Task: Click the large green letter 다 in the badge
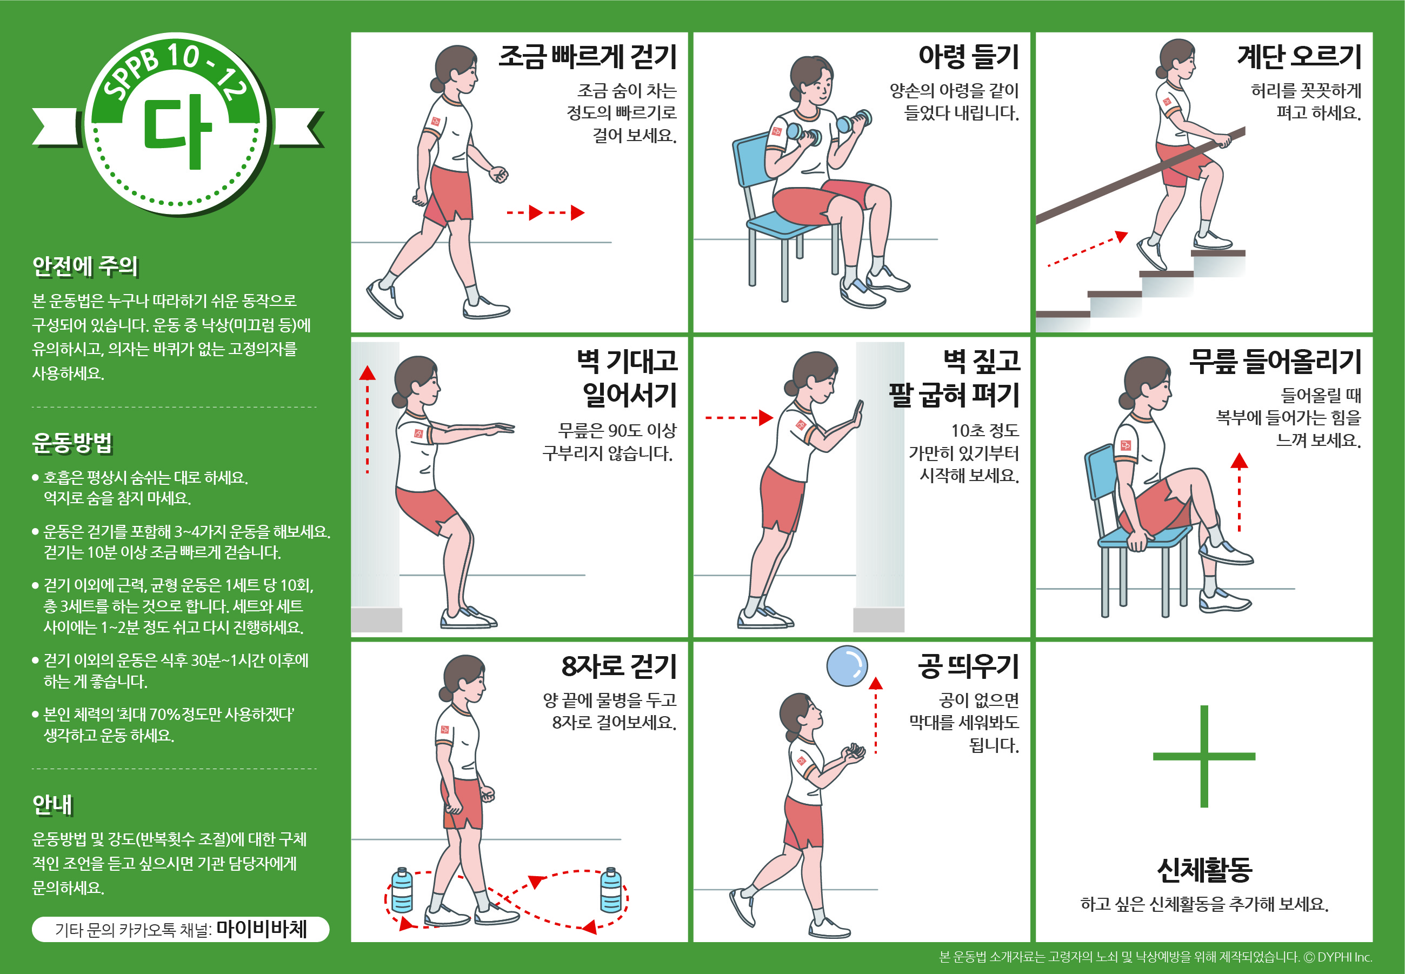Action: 178,131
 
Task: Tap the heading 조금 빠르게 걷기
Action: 588,57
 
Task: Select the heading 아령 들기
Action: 969,57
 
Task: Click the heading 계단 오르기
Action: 1300,57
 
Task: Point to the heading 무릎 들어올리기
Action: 1276,361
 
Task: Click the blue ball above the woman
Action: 847,666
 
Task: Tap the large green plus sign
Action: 1203,756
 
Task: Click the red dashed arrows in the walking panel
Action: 545,212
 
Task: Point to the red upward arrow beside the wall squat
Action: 367,419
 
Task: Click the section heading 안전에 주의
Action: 85,266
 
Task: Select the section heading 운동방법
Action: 72,443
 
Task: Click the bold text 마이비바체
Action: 262,929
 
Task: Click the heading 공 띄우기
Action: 969,666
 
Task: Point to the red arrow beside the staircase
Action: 1088,249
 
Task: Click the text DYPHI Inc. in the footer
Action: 1344,957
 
